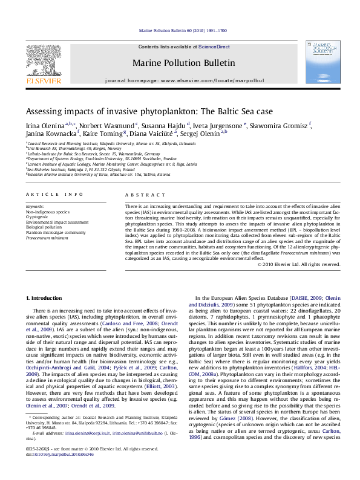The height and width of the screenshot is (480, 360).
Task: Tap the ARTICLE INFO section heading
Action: tap(54, 194)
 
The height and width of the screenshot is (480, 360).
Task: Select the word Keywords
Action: tap(35, 207)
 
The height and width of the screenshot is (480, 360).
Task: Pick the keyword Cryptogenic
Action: tap(38, 216)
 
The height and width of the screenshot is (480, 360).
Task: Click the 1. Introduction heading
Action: tap(46, 298)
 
